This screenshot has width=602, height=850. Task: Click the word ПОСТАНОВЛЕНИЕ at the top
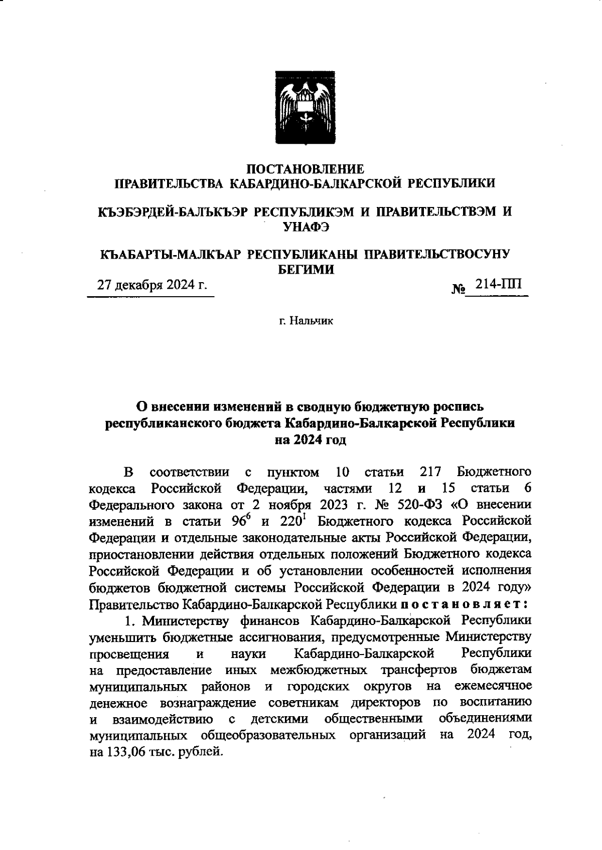click(x=306, y=168)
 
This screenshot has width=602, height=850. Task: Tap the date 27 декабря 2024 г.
click(x=152, y=286)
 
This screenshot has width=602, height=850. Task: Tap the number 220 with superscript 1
click(x=291, y=521)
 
